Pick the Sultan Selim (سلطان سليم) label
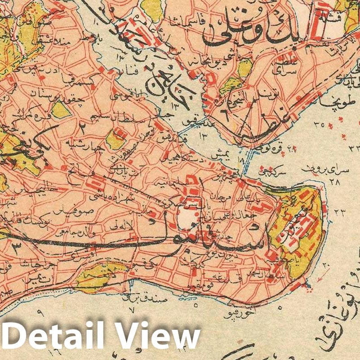point(97,118)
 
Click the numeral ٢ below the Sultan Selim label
point(83,127)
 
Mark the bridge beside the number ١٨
point(245,166)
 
